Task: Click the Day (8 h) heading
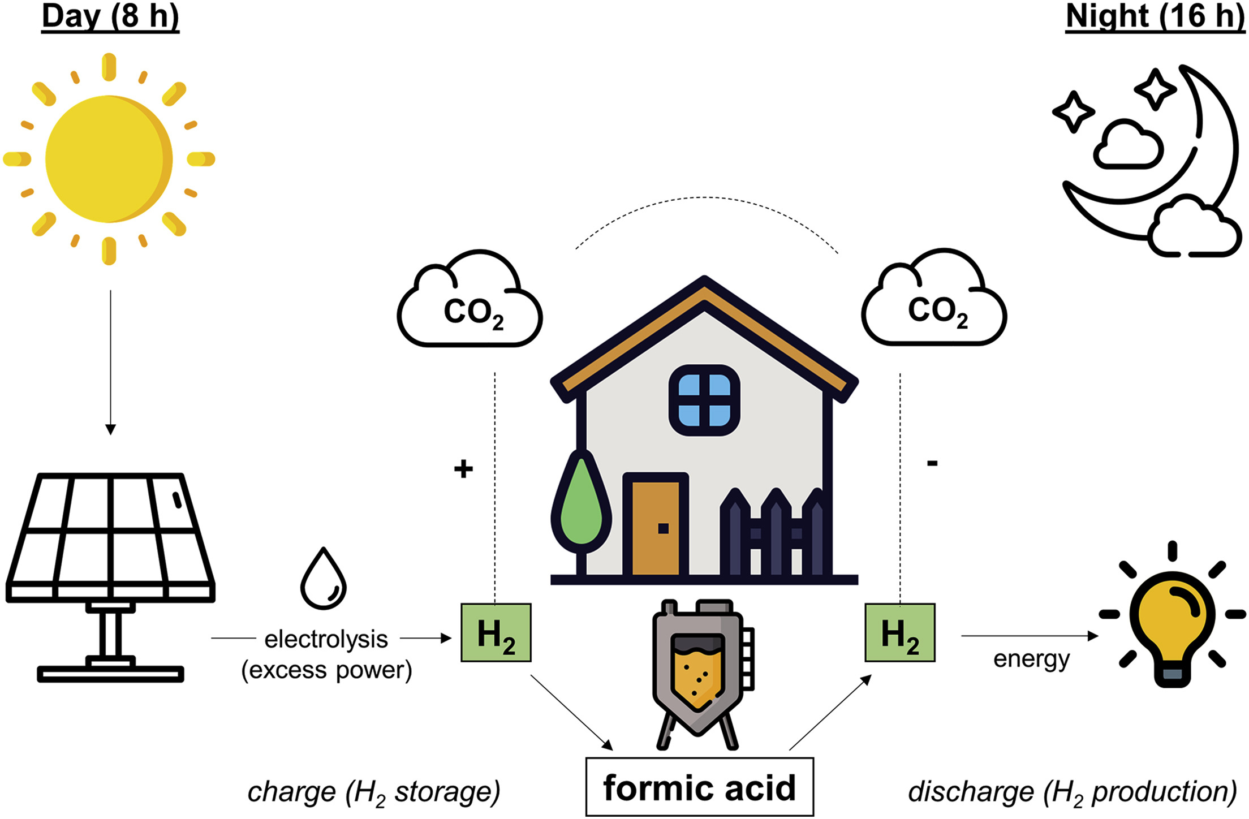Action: pyautogui.click(x=110, y=17)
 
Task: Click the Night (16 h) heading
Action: pyautogui.click(x=1155, y=17)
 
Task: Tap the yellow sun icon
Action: pyautogui.click(x=109, y=159)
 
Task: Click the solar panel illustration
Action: pyautogui.click(x=110, y=566)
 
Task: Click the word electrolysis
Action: pyautogui.click(x=326, y=639)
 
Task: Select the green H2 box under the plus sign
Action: pyautogui.click(x=496, y=632)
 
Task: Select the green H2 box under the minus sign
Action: pyautogui.click(x=899, y=632)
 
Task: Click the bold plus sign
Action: pyautogui.click(x=463, y=469)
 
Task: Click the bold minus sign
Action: pyautogui.click(x=932, y=464)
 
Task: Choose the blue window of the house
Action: pyautogui.click(x=704, y=400)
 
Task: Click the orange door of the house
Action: pyautogui.click(x=656, y=526)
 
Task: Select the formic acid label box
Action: pyautogui.click(x=699, y=787)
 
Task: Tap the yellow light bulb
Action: pyautogui.click(x=1172, y=622)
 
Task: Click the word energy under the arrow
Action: pyautogui.click(x=1031, y=659)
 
